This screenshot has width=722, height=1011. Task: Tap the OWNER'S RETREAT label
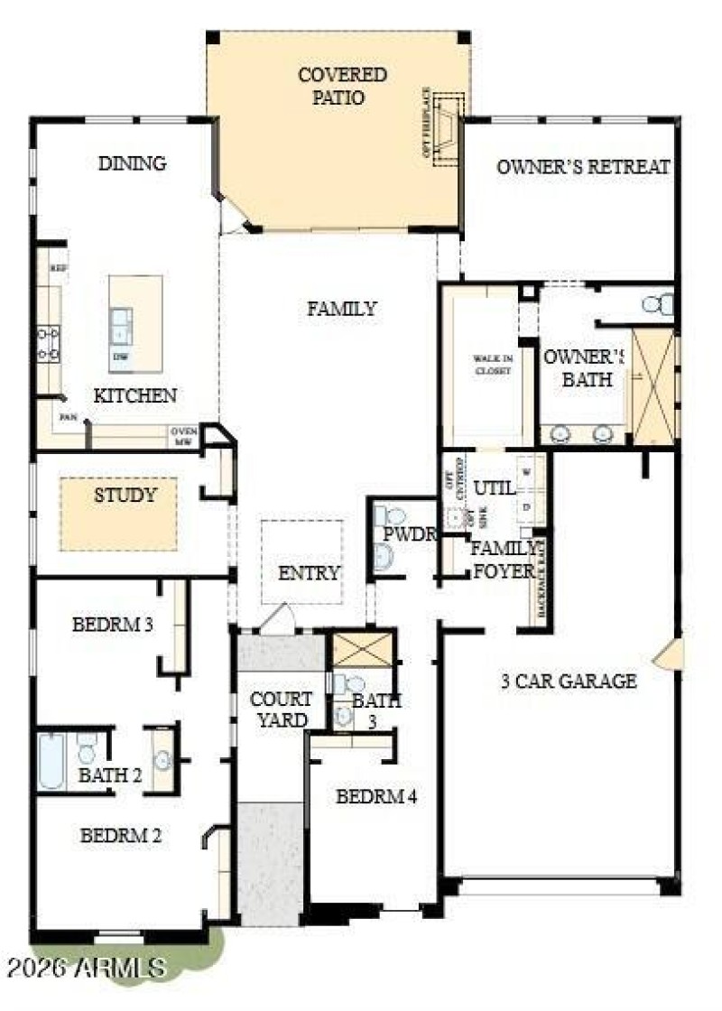pyautogui.click(x=583, y=167)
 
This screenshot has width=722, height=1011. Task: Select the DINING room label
pyautogui.click(x=133, y=163)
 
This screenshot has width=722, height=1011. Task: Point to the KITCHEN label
pyautogui.click(x=135, y=395)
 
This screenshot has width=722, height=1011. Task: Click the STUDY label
pyautogui.click(x=125, y=495)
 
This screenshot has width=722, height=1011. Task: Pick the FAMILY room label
pyautogui.click(x=342, y=309)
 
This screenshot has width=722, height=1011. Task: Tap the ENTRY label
pyautogui.click(x=309, y=573)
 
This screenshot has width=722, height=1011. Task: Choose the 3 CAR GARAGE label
pyautogui.click(x=569, y=682)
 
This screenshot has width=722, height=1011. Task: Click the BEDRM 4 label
pyautogui.click(x=376, y=797)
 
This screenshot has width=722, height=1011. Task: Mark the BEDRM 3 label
pyautogui.click(x=112, y=624)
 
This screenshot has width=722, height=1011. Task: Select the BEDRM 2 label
pyautogui.click(x=121, y=836)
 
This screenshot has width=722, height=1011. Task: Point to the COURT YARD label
pyautogui.click(x=281, y=710)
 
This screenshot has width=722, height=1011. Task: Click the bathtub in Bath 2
pyautogui.click(x=51, y=761)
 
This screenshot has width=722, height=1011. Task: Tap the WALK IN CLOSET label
pyautogui.click(x=493, y=365)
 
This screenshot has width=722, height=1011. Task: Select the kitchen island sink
pyautogui.click(x=121, y=324)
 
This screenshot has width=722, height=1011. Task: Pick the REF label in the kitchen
pyautogui.click(x=59, y=268)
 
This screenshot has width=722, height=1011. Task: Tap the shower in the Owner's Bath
pyautogui.click(x=653, y=386)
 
